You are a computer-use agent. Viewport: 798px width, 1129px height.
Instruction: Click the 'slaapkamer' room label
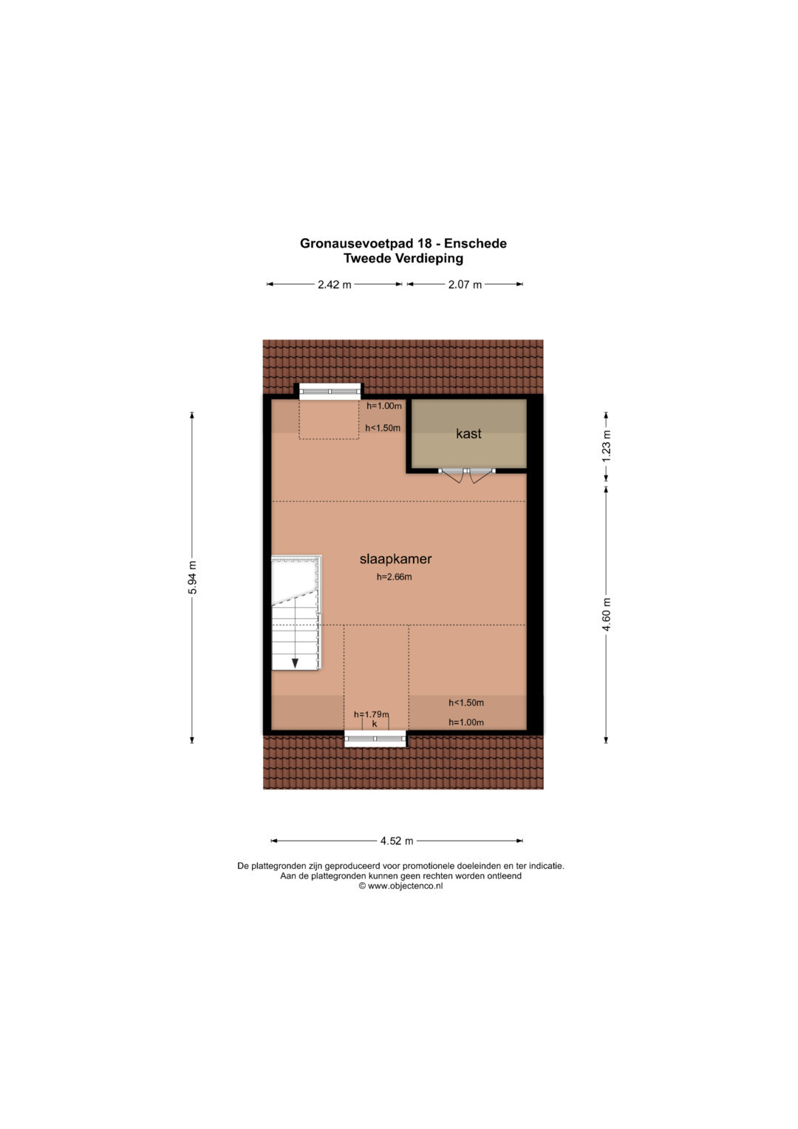click(395, 559)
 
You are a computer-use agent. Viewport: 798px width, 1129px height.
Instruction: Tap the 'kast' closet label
click(468, 433)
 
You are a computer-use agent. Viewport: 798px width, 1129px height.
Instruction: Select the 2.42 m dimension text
click(335, 285)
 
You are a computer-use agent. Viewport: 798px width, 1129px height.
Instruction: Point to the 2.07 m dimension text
click(465, 285)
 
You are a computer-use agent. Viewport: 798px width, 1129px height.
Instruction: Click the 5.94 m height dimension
click(192, 577)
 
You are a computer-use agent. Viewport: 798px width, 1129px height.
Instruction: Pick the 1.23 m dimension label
click(606, 446)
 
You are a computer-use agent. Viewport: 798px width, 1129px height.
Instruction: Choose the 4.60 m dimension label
click(606, 614)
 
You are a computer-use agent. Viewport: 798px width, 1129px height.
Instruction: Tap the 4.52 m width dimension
click(397, 841)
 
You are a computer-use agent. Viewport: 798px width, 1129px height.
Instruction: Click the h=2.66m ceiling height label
click(394, 577)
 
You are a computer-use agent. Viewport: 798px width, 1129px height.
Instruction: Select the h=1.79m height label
click(371, 714)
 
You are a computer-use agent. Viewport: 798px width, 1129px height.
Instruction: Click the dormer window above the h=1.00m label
click(330, 392)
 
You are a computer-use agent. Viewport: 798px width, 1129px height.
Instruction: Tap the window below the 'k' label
click(375, 739)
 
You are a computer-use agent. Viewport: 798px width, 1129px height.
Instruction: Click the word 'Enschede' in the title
click(475, 243)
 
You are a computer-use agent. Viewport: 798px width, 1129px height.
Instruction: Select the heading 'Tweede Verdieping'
click(403, 259)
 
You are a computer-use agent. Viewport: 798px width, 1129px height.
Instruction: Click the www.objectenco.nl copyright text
click(401, 886)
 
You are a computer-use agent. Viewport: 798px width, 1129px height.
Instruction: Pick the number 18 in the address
click(424, 243)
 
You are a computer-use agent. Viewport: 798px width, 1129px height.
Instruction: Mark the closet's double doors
click(466, 475)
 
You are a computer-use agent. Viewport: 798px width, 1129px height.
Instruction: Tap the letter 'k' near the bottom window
click(375, 724)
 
